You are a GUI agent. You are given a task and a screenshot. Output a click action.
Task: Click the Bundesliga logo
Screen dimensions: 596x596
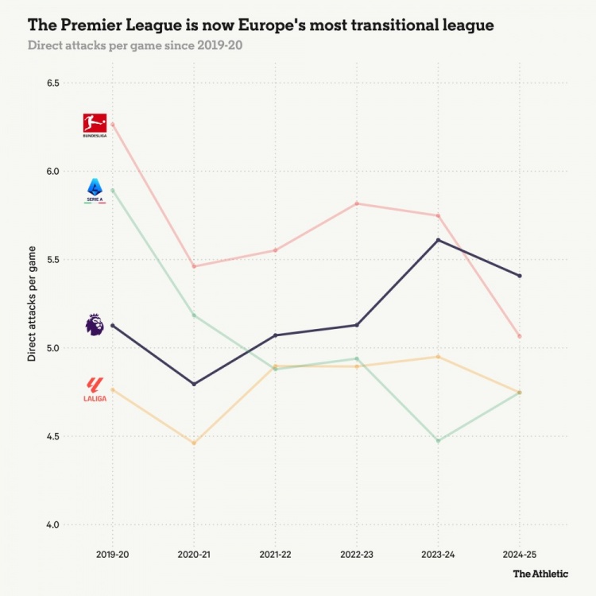[94, 124]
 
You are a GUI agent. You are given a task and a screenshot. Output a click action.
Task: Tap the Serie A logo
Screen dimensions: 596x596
[95, 190]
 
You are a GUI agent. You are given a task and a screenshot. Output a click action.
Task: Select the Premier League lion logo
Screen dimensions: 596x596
[94, 325]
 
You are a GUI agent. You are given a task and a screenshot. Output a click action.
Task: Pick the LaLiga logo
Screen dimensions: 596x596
[95, 389]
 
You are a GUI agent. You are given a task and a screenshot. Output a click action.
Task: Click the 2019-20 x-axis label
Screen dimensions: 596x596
[112, 552]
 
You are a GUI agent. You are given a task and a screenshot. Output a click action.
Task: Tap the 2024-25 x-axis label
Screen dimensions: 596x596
[520, 552]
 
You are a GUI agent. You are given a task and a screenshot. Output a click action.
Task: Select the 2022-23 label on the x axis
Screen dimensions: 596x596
[357, 552]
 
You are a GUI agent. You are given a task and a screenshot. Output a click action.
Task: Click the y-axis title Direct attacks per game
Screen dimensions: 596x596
[33, 304]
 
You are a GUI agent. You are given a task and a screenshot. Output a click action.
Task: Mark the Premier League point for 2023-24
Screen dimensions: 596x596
[438, 240]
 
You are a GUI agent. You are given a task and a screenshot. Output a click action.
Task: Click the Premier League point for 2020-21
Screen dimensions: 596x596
[194, 384]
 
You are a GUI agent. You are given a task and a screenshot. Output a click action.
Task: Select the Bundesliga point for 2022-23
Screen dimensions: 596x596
[357, 203]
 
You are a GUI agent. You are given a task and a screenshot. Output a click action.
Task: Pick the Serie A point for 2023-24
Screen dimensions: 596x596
[438, 440]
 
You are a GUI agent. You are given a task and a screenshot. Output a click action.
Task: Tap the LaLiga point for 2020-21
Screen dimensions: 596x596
[194, 443]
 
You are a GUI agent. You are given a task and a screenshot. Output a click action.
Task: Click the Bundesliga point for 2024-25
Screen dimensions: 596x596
[520, 336]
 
